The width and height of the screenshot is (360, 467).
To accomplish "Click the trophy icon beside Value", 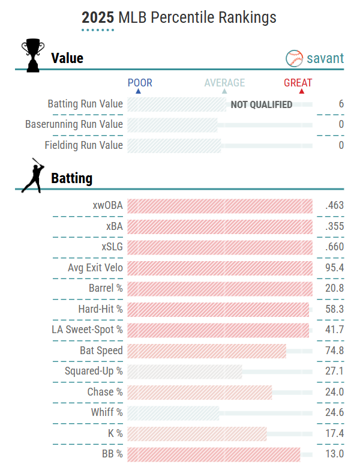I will (32, 55).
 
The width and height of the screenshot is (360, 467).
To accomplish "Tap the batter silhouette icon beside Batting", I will (32, 175).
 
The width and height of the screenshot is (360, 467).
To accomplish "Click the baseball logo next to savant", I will (294, 58).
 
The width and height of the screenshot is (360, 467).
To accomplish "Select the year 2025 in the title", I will (98, 17).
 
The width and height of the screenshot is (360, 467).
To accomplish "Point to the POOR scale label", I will (140, 83).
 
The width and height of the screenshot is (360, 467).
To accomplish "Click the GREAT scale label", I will (298, 83).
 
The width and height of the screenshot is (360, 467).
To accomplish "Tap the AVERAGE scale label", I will (224, 83).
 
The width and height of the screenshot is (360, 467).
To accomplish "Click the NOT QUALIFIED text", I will (262, 104).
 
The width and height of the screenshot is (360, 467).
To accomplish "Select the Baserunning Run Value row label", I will (74, 124).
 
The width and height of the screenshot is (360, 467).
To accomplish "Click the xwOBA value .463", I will (334, 205).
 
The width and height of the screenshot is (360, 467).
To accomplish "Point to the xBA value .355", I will (334, 226).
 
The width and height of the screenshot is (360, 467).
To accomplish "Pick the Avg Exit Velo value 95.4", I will (333, 268).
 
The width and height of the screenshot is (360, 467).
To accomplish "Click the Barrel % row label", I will (105, 288).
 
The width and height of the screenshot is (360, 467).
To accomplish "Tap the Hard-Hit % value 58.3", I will (333, 309).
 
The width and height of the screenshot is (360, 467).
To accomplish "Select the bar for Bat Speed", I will (206, 351).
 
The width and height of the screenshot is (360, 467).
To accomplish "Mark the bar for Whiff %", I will (173, 412).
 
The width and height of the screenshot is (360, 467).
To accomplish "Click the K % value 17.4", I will (333, 433).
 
